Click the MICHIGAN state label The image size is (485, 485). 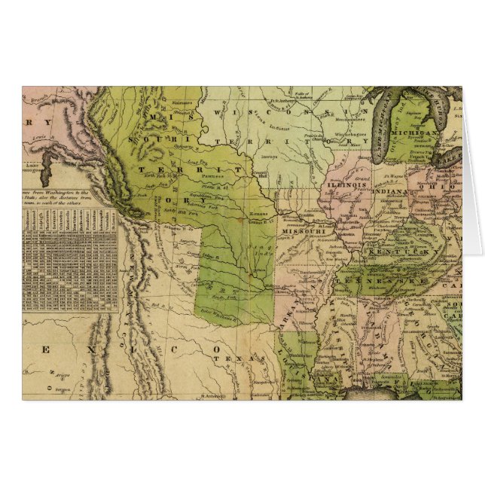[x=424, y=133]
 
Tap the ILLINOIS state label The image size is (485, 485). [x=346, y=183]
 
